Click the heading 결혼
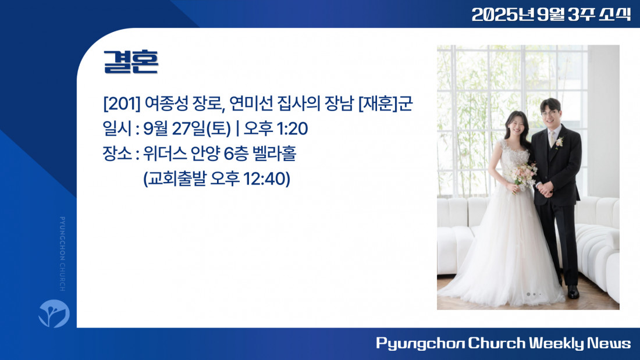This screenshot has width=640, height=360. [130, 62]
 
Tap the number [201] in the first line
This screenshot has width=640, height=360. [122, 104]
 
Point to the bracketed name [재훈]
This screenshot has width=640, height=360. [378, 104]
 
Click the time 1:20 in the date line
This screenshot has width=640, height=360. [292, 129]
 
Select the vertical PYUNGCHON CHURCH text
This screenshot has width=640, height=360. [62, 254]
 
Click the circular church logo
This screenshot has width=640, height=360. [54, 313]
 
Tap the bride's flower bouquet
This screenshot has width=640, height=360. [522, 176]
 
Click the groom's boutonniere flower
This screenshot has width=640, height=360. [559, 142]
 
